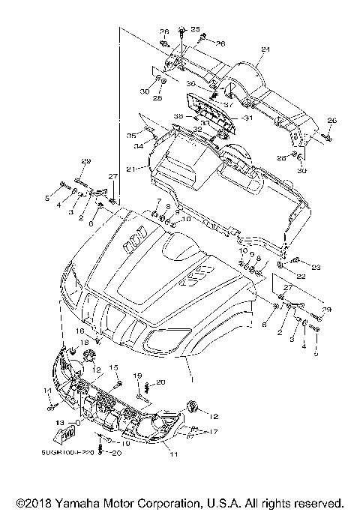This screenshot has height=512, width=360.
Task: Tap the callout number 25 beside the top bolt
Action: point(196,29)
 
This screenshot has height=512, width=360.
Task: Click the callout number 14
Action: point(46,391)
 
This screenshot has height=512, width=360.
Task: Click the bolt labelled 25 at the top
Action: point(182,31)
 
